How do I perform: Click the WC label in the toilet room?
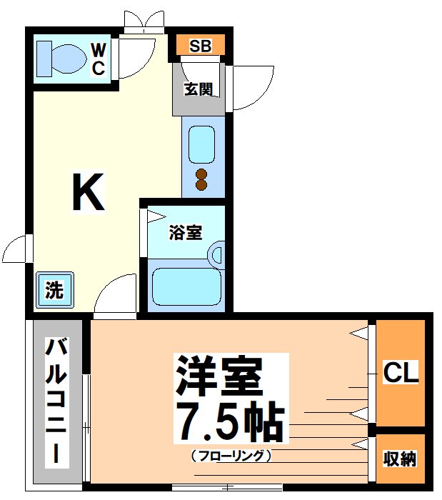pos(98,59)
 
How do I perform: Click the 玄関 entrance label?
pos(199,90)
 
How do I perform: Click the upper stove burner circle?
pos(201,173)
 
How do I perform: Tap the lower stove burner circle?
pos(201,186)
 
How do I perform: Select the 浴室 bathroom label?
pos(185,233)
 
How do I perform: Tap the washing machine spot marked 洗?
pos(54,290)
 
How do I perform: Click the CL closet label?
pos(401,373)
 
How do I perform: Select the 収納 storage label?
pos(399,459)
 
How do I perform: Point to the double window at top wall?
pos(144,21)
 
